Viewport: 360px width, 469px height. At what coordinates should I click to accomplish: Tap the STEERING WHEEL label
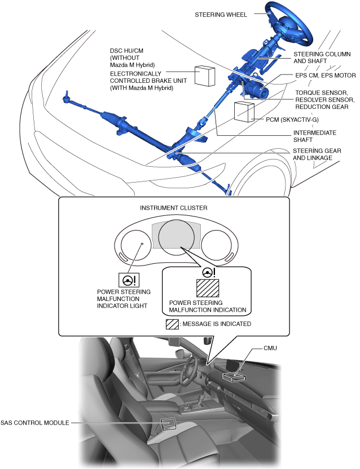221,15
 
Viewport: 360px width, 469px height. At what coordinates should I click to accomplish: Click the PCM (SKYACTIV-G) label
291,120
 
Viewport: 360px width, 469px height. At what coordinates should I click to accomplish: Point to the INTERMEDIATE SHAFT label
314,137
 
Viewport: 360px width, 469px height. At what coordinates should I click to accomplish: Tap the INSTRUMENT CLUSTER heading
173,208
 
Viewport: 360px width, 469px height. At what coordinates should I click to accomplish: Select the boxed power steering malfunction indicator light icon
129,280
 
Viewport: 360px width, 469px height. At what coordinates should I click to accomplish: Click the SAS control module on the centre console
169,424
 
